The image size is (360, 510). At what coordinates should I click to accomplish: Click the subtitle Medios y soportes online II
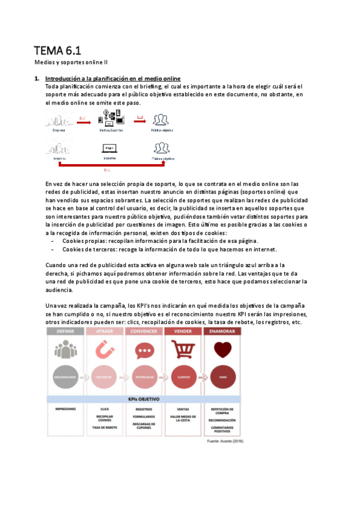(70, 62)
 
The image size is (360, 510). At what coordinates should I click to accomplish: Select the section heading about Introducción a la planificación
(113, 79)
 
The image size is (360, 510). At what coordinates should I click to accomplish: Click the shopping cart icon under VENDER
(183, 349)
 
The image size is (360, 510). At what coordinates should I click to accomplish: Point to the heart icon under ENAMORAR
(222, 349)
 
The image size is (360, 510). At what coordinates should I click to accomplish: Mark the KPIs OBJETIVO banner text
(145, 399)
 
